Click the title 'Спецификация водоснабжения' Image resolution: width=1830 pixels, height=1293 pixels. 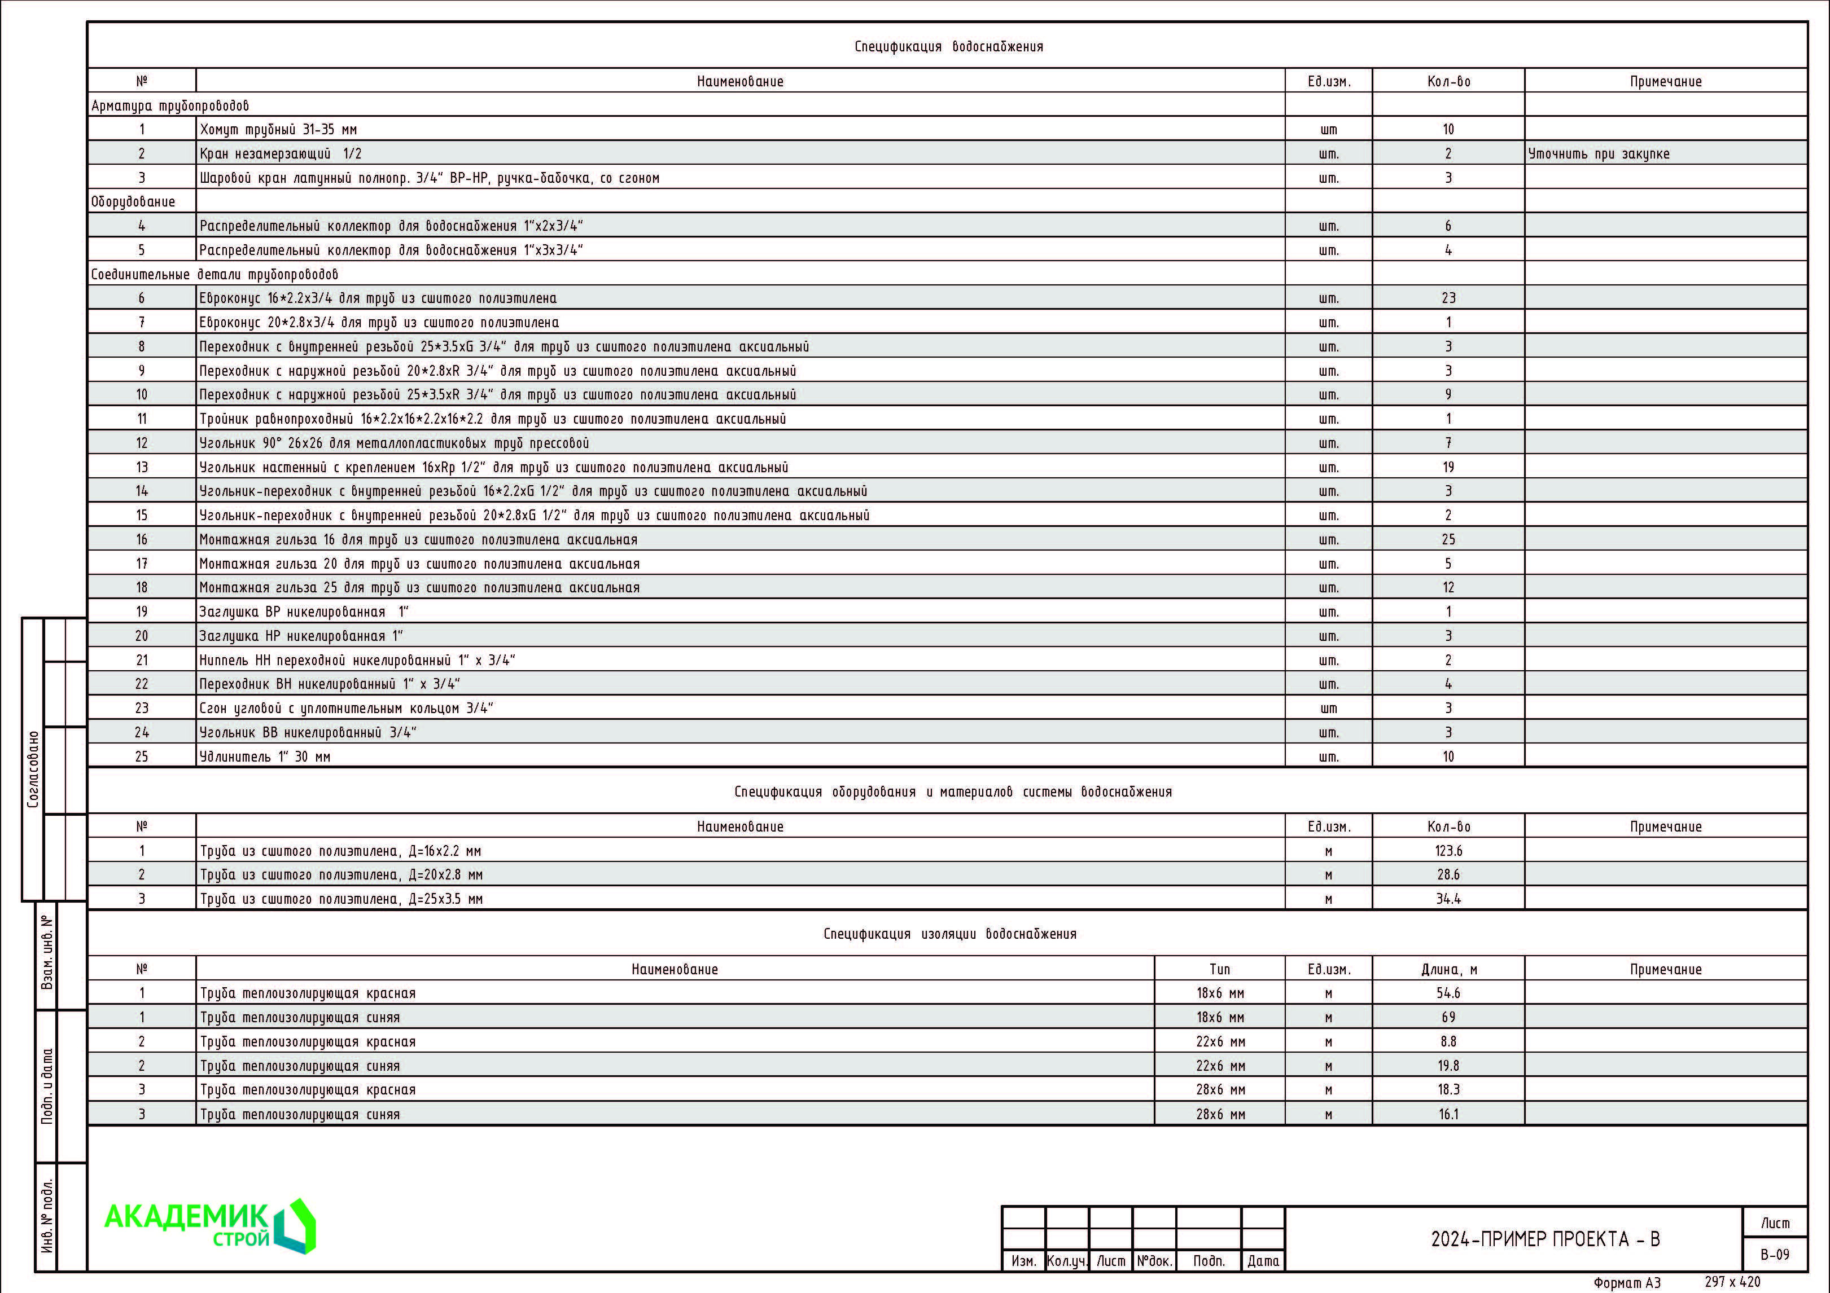click(948, 46)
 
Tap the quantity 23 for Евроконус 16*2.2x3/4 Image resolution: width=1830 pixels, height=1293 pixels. click(1448, 298)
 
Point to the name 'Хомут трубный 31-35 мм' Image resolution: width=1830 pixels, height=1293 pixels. click(278, 129)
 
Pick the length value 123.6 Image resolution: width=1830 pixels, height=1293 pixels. click(1448, 851)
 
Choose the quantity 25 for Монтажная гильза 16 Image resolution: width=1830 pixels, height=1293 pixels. click(1448, 539)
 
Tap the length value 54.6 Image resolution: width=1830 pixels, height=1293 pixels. click(1448, 993)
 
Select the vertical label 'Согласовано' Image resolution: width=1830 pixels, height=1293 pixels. click(33, 769)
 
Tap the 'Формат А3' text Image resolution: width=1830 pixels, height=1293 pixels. click(1627, 1283)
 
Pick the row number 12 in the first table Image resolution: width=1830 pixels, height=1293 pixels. click(142, 443)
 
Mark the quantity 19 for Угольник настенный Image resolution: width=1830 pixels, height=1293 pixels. click(1448, 467)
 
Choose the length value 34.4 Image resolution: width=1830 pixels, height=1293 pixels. click(1448, 899)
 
